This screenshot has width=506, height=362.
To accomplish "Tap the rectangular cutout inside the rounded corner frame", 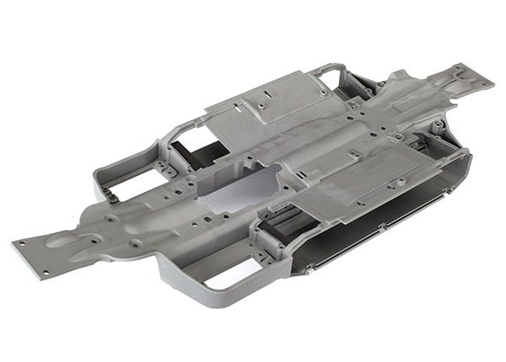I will click(218, 269).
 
